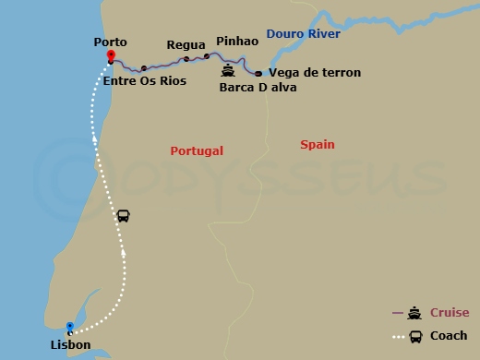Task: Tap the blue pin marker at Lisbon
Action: (x=69, y=327)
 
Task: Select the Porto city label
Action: (x=110, y=42)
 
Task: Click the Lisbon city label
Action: (x=71, y=345)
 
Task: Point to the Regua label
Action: (x=186, y=44)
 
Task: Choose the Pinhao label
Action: (x=236, y=42)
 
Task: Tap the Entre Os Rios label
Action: (x=145, y=81)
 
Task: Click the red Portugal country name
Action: (x=198, y=150)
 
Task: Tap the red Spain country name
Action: (x=318, y=144)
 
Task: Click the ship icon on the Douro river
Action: (x=227, y=69)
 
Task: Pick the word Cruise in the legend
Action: (x=449, y=313)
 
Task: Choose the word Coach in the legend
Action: (x=449, y=335)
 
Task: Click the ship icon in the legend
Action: (x=415, y=313)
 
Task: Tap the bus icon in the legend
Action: (x=415, y=336)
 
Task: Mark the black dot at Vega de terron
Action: (x=258, y=73)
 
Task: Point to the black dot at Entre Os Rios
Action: (x=144, y=68)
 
